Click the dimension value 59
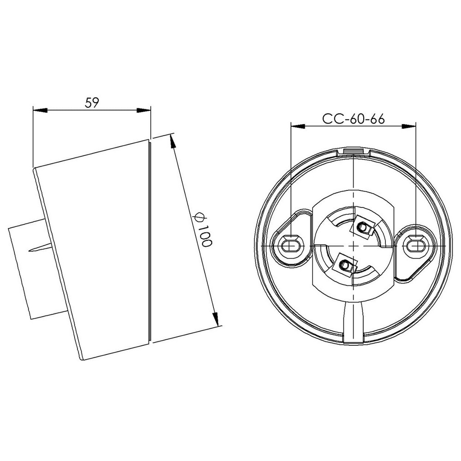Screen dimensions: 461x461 pyautogui.click(x=92, y=102)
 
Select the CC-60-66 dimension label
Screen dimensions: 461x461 pyautogui.click(x=353, y=119)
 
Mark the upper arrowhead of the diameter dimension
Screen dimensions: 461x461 pyautogui.click(x=172, y=141)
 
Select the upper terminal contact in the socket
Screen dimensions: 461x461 pyautogui.click(x=364, y=228)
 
